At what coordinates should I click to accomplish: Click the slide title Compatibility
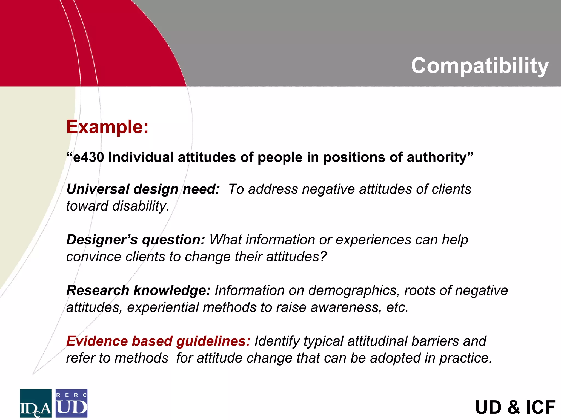click(x=480, y=66)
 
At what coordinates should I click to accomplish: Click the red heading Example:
click(x=107, y=127)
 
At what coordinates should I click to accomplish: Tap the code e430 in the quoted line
click(x=88, y=157)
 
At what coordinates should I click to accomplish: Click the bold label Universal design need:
click(x=143, y=189)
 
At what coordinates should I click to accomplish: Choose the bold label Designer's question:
click(x=136, y=240)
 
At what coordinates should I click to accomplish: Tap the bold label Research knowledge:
click(x=138, y=290)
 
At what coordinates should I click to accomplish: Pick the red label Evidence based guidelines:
click(x=158, y=341)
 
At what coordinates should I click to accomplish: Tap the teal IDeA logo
click(x=36, y=403)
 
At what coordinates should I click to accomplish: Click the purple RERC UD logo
click(x=71, y=403)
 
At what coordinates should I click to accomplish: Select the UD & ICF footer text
click(x=515, y=407)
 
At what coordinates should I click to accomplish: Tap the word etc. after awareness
click(x=397, y=307)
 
